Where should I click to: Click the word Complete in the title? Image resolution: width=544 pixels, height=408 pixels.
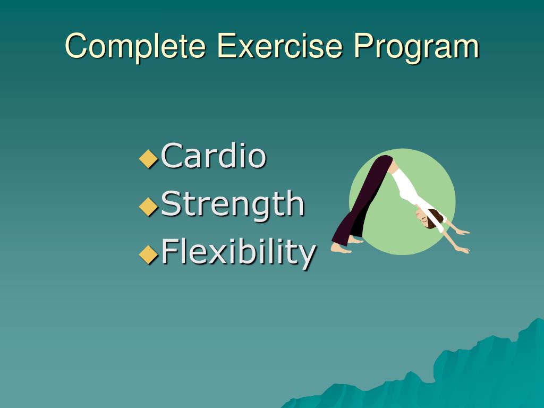point(135,47)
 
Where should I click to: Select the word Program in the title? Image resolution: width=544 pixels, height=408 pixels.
point(416,47)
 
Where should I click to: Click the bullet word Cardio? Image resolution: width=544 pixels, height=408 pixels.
point(214,156)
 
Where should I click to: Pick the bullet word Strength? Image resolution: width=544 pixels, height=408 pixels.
point(233,205)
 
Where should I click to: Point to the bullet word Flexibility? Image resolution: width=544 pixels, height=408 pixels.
point(239,252)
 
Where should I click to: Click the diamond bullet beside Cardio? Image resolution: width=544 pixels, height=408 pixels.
point(148,158)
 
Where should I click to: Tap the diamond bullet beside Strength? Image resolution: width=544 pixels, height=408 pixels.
point(148,207)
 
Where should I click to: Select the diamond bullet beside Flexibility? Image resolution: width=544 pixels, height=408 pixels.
point(148,254)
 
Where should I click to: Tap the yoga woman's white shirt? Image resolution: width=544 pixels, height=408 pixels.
point(413,194)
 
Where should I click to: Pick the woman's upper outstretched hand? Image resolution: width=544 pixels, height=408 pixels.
point(463,232)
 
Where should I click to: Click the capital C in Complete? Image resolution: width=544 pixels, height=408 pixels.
point(76,46)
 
